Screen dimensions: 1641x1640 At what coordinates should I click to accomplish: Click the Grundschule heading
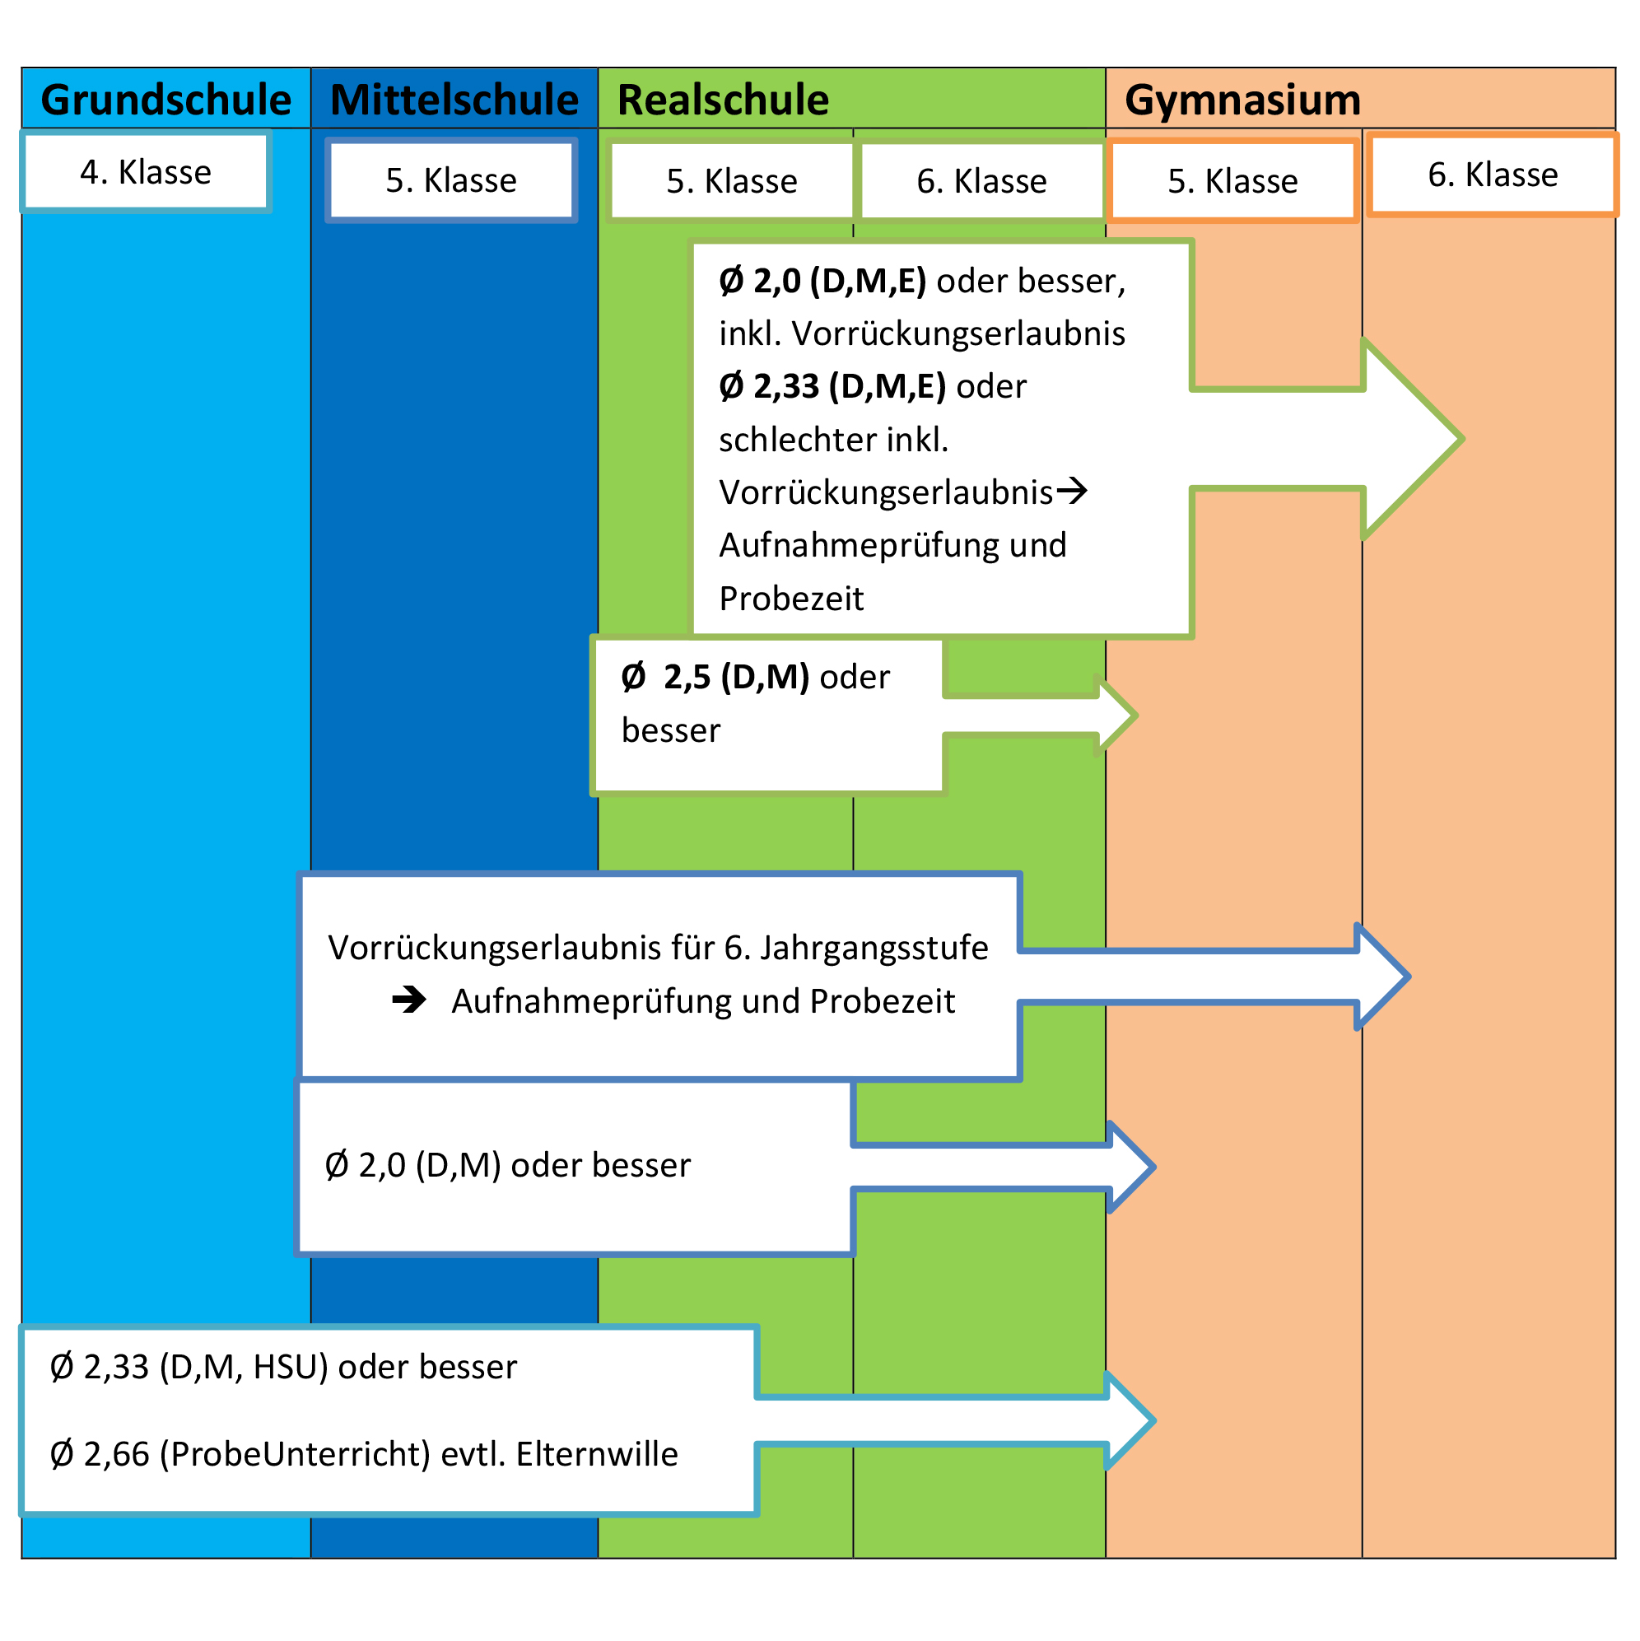(165, 100)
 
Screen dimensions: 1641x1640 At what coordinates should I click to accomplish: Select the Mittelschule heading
(454, 100)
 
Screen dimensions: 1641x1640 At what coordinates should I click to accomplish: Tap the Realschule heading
(723, 100)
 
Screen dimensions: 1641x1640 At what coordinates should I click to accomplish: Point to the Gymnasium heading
(1242, 100)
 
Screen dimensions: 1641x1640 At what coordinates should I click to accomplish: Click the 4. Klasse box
(145, 171)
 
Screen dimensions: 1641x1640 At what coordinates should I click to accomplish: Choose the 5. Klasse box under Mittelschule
(451, 180)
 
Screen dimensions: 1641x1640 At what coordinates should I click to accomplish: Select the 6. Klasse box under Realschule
(982, 181)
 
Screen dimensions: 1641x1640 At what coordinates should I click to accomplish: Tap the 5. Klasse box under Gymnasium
(1232, 181)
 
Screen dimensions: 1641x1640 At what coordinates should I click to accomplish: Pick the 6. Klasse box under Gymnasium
(1493, 174)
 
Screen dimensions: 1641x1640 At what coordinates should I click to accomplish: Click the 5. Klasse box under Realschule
(731, 181)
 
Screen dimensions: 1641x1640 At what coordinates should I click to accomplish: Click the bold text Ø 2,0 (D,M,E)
(822, 281)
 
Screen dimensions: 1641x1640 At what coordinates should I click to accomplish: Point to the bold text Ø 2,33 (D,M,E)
(832, 386)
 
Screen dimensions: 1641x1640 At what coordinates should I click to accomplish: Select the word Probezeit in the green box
(790, 599)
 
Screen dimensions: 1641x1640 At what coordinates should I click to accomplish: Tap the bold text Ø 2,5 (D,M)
(715, 677)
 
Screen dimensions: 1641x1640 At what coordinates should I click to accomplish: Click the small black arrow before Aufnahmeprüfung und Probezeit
(409, 1000)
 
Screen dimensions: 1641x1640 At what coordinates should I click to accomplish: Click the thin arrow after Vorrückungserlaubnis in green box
(1072, 490)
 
